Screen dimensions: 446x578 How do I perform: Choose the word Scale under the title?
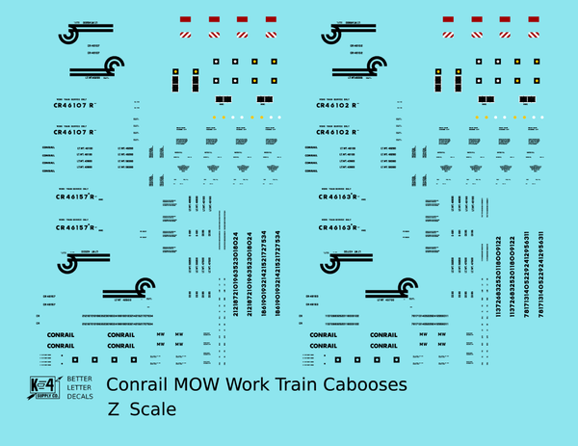click(152, 409)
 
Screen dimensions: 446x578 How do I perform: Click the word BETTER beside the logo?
click(78, 378)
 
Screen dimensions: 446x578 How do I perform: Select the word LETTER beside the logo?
click(78, 386)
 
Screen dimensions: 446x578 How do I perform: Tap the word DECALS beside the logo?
click(78, 395)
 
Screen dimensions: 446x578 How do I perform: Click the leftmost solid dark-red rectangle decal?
click(186, 19)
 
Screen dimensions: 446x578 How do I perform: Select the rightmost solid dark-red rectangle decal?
click(532, 19)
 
